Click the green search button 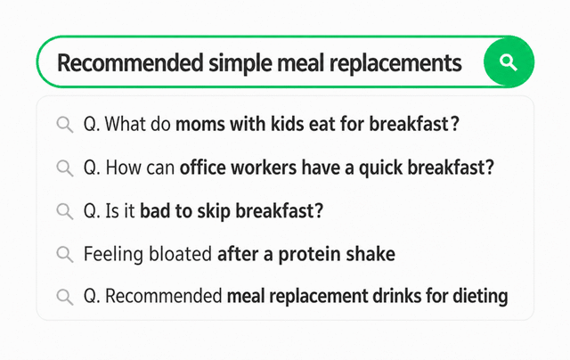click(509, 61)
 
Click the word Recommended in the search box click(130, 63)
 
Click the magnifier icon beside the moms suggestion click(65, 125)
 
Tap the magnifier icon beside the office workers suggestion click(65, 168)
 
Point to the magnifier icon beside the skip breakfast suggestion click(65, 211)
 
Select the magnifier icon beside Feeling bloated click(65, 254)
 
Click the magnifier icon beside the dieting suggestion click(65, 297)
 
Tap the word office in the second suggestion click(202, 168)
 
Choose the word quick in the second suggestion click(381, 168)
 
